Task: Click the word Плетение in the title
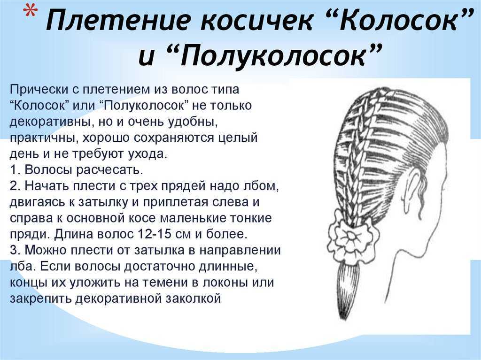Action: [119, 20]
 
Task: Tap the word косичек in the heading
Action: [257, 20]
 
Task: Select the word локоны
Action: [225, 283]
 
